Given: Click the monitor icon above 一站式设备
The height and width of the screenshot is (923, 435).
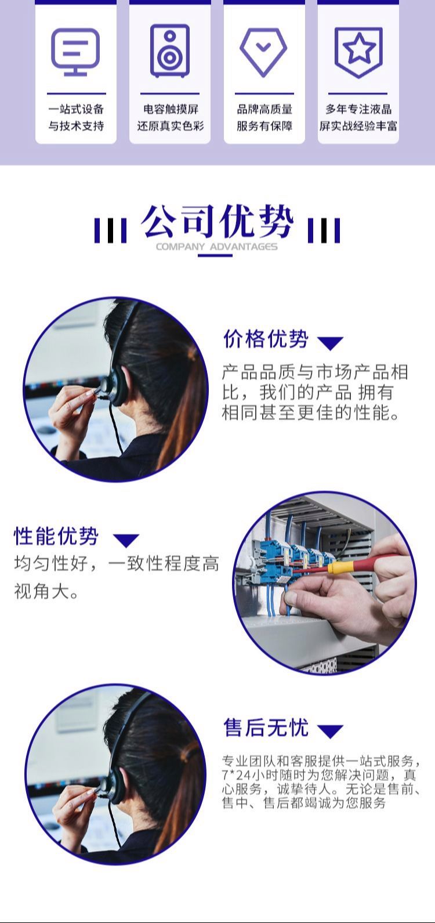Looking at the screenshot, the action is (75, 52).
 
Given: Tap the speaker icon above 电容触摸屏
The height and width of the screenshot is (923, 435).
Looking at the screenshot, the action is (170, 50).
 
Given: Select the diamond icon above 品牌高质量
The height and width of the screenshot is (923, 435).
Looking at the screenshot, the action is (264, 52).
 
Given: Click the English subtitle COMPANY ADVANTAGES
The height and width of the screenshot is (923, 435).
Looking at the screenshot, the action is (217, 247).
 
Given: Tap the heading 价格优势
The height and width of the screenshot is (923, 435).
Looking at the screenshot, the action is (266, 339).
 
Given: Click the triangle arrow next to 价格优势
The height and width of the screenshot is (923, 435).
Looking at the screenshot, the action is (331, 343).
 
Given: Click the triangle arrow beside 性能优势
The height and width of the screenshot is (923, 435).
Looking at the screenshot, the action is (126, 540).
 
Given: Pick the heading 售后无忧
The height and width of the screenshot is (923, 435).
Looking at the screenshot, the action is (266, 727).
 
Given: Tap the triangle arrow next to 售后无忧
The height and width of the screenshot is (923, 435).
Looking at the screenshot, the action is (331, 731).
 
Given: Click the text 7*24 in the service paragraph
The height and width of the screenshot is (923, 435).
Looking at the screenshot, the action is (236, 775).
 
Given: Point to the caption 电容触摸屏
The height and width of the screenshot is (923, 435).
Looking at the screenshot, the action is (171, 109).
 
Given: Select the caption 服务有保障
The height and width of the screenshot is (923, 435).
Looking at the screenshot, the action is (264, 126).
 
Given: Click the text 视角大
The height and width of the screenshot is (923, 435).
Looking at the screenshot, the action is (41, 591).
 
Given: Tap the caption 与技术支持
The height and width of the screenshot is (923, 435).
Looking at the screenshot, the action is (76, 126).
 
